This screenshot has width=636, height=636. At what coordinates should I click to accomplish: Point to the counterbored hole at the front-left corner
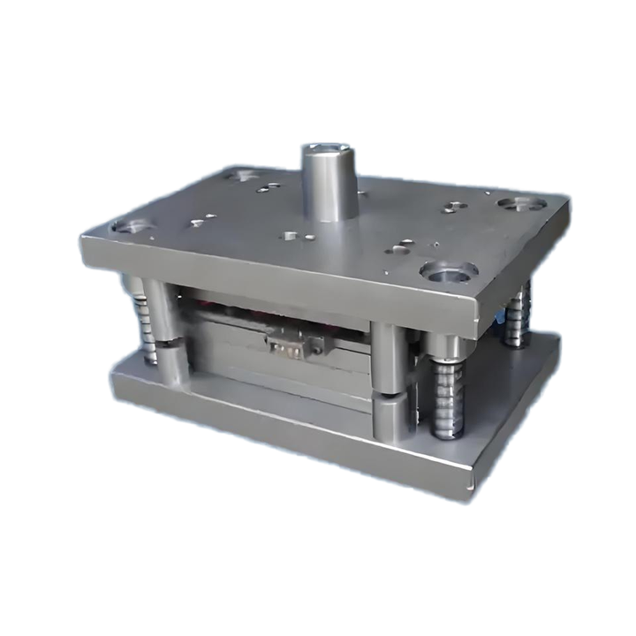pyautogui.click(x=132, y=227)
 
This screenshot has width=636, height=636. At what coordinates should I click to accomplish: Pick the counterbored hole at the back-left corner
pyautogui.click(x=239, y=176)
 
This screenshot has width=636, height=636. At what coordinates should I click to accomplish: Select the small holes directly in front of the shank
pyautogui.click(x=291, y=236)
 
